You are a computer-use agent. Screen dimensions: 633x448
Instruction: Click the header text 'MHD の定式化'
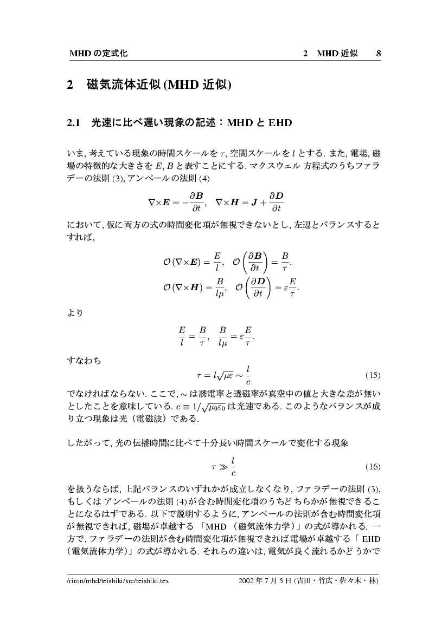(98, 54)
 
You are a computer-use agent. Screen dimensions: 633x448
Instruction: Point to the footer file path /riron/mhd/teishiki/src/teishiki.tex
(118, 581)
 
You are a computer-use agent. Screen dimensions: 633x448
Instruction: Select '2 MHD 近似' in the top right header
(330, 54)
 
